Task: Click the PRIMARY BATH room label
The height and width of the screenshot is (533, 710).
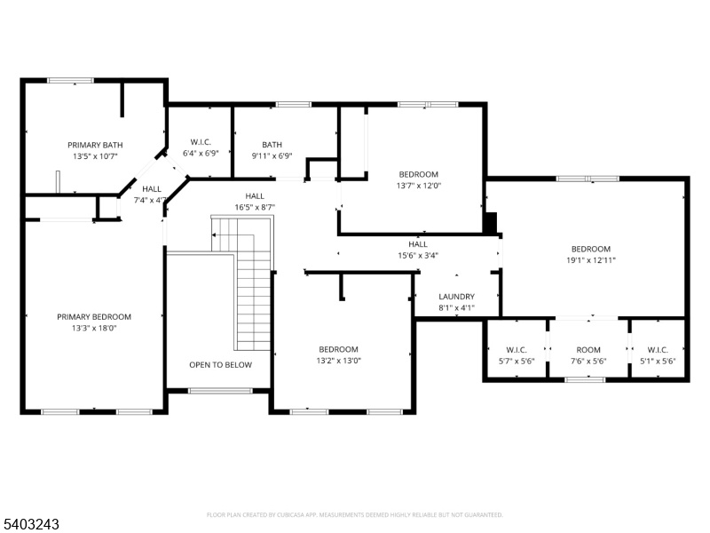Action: coord(95,145)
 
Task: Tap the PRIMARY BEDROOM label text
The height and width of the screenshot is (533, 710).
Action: coord(94,317)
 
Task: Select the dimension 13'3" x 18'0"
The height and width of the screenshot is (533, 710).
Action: coord(94,328)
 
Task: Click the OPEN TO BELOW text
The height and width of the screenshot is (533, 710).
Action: coord(220,365)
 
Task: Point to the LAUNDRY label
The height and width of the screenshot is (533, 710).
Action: coord(456,297)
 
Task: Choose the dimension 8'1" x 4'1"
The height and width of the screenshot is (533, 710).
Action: coord(456,308)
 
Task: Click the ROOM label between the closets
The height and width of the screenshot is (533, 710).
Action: coord(588,350)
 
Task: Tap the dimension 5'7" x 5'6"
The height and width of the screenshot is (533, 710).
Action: coord(517,362)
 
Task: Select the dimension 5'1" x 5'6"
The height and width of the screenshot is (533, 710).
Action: coord(658,362)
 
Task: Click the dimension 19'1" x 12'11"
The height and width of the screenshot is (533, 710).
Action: coord(591,260)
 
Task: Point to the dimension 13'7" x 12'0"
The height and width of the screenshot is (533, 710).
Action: coord(418,186)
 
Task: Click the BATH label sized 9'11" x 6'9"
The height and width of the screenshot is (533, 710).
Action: coord(272,145)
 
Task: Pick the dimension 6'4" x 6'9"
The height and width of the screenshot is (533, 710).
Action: coord(201,153)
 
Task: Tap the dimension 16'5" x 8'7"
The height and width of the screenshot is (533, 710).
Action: coord(255,207)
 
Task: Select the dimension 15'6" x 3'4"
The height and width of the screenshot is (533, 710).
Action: coord(418,256)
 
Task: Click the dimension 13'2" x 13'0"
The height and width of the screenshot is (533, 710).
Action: coord(339,361)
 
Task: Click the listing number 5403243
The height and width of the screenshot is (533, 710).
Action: coord(30,524)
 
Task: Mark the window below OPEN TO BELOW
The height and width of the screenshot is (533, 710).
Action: coord(220,391)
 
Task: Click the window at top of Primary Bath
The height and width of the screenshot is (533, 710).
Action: coord(71,81)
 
